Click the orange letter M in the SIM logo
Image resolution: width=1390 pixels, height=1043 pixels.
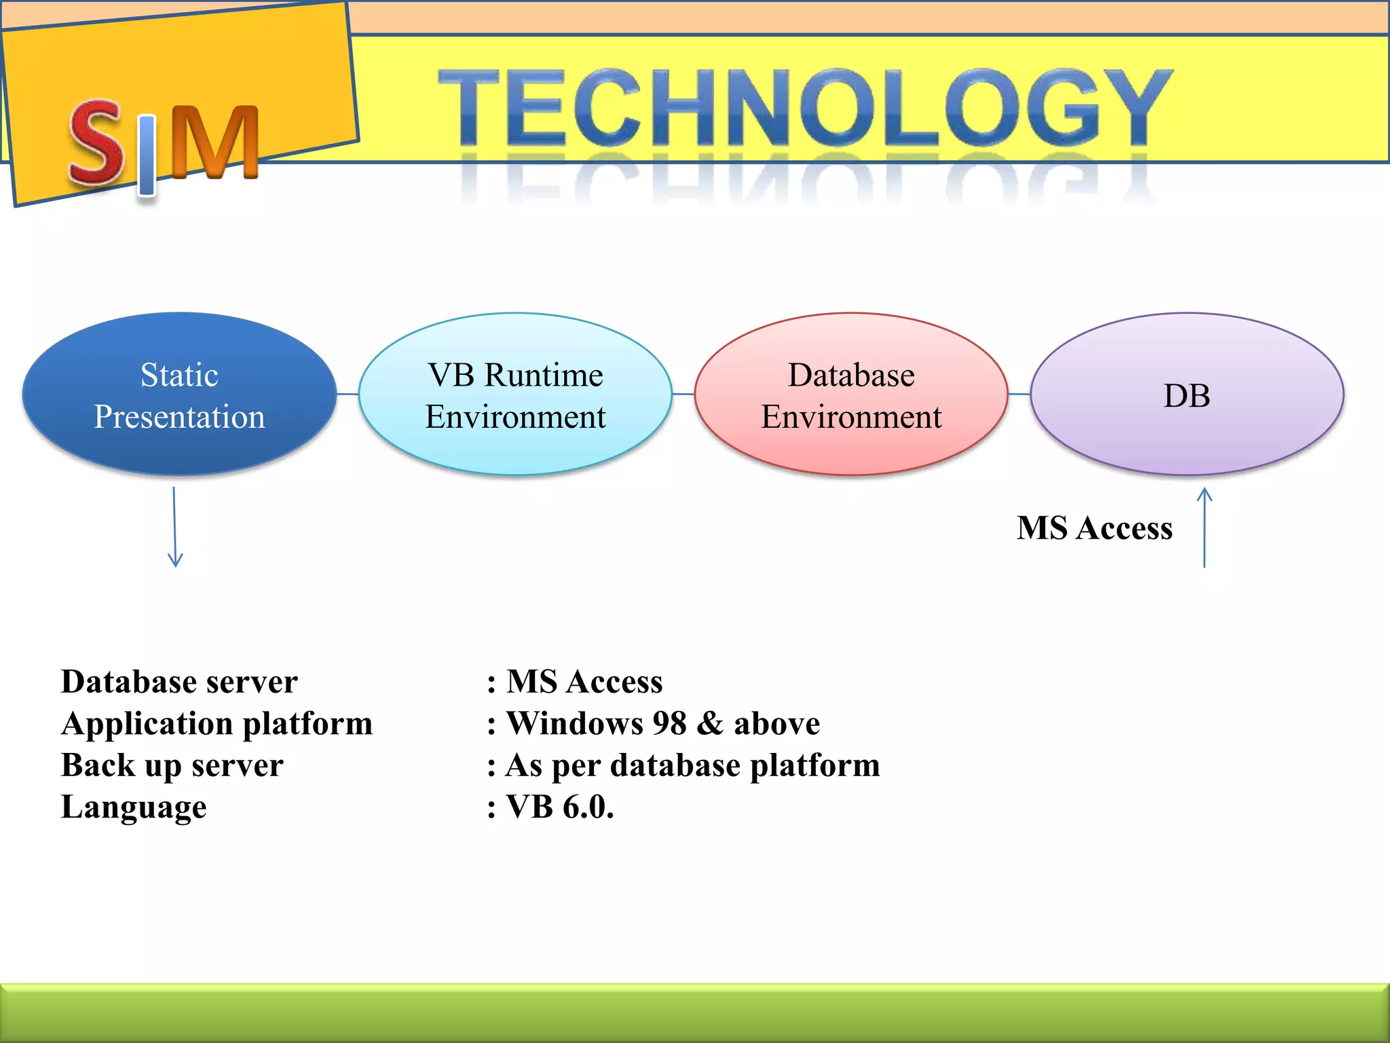click(x=214, y=143)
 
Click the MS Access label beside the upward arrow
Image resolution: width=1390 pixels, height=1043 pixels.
click(x=1094, y=528)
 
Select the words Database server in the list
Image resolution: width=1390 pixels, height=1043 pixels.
click(x=179, y=682)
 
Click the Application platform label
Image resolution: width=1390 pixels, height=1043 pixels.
click(x=217, y=724)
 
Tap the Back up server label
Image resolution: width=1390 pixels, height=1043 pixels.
click(x=172, y=765)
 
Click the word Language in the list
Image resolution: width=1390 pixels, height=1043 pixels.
click(x=134, y=807)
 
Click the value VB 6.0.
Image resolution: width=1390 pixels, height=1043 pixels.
click(x=559, y=807)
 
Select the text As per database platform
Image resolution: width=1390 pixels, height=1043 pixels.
click(x=692, y=765)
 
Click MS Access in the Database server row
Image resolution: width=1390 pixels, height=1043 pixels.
click(x=584, y=682)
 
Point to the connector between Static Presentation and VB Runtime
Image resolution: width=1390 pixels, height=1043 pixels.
click(x=347, y=394)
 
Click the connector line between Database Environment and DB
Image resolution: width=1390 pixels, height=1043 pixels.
click(x=1019, y=394)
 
